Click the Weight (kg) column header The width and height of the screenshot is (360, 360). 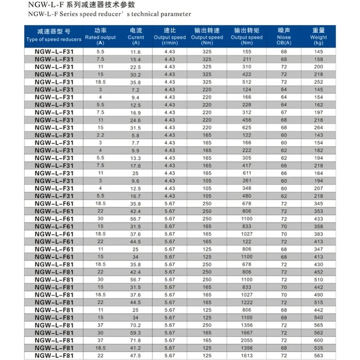point(319,36)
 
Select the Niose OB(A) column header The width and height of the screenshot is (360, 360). point(283,36)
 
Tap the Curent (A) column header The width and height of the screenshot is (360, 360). point(136,36)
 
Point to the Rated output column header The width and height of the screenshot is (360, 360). point(100,36)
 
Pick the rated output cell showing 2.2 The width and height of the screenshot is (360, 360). point(100,135)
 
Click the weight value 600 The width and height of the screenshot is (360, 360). point(319,341)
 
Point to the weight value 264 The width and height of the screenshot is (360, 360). point(319,127)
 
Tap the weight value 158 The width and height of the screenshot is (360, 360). point(319,59)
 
